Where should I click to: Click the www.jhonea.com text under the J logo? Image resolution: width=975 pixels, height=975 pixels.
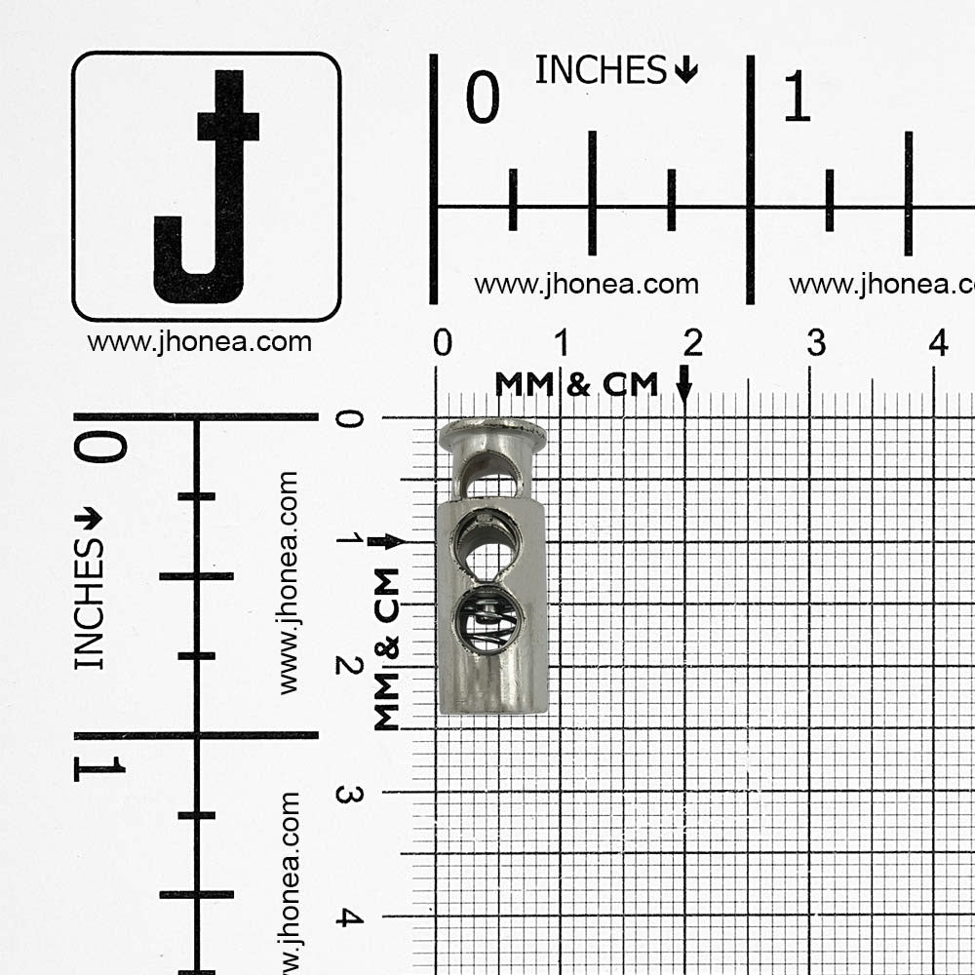click(200, 342)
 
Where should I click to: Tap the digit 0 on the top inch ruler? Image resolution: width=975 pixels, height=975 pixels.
click(483, 97)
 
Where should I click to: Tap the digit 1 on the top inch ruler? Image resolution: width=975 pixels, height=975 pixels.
click(798, 96)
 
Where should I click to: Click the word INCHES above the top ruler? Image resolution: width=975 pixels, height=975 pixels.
click(601, 69)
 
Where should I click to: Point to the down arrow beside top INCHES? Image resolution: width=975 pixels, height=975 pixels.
click(685, 69)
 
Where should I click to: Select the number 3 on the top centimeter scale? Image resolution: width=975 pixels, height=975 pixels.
click(816, 342)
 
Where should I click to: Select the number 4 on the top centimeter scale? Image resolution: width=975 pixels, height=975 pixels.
click(938, 342)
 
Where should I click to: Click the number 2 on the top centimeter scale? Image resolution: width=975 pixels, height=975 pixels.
click(692, 342)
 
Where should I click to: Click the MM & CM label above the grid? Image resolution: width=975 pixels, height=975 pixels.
click(576, 384)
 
